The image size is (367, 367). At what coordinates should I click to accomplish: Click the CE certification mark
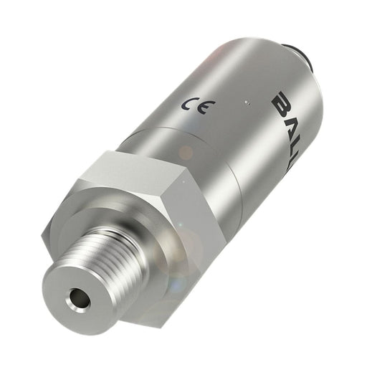(x=194, y=107)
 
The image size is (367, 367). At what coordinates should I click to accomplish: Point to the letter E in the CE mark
(x=201, y=108)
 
